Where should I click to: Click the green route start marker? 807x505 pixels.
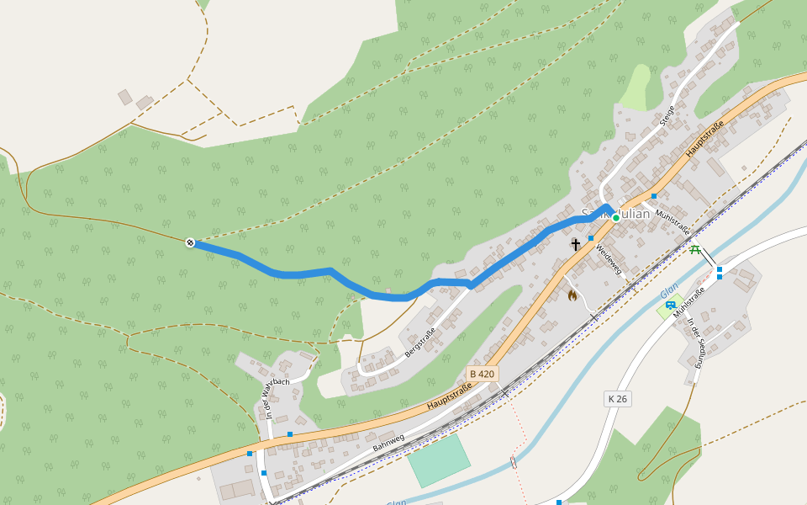pos(615,218)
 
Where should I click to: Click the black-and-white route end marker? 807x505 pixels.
pos(190,243)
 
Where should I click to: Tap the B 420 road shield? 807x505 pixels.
pos(483,373)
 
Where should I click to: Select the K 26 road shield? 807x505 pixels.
pos(617,398)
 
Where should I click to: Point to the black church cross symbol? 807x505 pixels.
pos(576,245)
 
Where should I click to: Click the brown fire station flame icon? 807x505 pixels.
pos(572,295)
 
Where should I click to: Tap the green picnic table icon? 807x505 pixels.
pos(695,249)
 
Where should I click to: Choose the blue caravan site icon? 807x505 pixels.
pos(670,305)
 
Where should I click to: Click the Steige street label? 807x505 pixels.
pos(667,115)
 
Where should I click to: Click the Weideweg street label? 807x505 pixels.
pos(608,260)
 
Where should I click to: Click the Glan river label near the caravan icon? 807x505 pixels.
pos(669,290)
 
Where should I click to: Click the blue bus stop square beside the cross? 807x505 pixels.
pos(591,238)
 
